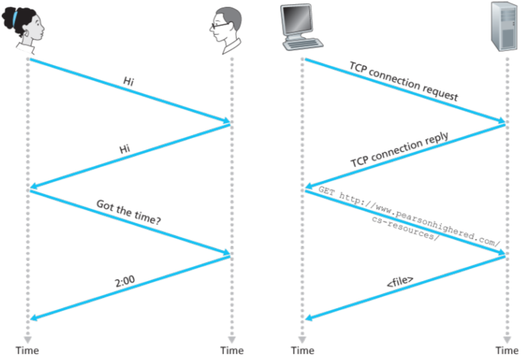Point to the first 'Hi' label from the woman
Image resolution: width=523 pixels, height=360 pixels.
128,81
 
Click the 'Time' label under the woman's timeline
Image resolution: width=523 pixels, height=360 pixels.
28,350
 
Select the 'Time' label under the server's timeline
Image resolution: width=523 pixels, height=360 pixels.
507,350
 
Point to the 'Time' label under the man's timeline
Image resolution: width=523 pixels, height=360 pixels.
231,350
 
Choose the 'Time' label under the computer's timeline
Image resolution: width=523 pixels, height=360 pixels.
302,350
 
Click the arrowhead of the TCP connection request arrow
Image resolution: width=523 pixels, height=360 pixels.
500,122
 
